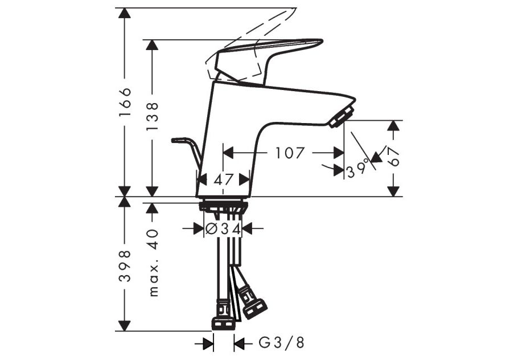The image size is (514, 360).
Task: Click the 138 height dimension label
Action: [153, 116]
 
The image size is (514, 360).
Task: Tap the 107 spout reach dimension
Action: [290, 153]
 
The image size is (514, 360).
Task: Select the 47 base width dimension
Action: [223, 179]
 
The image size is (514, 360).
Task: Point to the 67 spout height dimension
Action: [393, 156]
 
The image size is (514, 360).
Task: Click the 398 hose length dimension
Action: [125, 266]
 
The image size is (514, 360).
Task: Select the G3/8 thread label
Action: [282, 343]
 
